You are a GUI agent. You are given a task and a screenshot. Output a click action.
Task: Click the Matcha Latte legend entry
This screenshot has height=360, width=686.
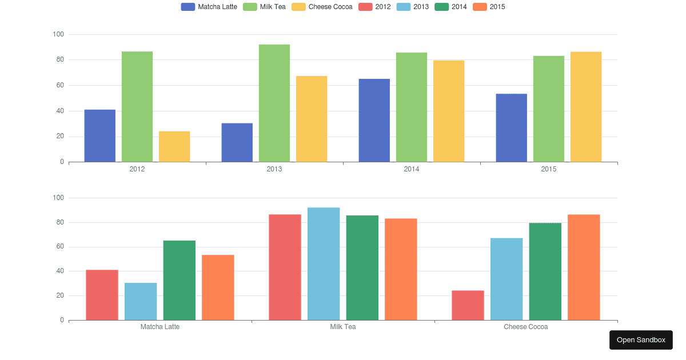pyautogui.click(x=209, y=7)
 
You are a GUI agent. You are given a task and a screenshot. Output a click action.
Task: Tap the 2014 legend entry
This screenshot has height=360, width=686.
pyautogui.click(x=450, y=7)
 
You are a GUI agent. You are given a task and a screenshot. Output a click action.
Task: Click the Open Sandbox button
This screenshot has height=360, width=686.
pyautogui.click(x=641, y=340)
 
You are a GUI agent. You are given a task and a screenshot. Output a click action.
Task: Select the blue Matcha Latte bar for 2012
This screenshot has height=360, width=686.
pyautogui.click(x=100, y=136)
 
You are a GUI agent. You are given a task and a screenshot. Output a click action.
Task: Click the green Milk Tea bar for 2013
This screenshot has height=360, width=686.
pyautogui.click(x=274, y=103)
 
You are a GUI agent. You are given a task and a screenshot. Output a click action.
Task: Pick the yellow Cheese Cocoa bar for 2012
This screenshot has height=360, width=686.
pyautogui.click(x=174, y=147)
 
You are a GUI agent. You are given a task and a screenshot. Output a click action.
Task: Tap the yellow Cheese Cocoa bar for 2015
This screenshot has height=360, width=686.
pyautogui.click(x=586, y=107)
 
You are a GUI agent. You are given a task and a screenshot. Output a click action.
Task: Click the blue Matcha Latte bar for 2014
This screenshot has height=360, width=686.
pyautogui.click(x=374, y=121)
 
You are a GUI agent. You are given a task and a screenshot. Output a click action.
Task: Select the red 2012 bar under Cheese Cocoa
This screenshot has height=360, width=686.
pyautogui.click(x=468, y=305)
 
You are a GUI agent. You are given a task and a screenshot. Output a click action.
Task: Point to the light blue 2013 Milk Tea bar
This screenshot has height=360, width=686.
pyautogui.click(x=324, y=263)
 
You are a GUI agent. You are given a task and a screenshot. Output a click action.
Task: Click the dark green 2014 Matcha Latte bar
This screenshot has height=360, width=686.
pyautogui.click(x=180, y=280)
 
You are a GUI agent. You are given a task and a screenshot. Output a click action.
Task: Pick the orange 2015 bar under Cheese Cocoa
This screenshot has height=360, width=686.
pyautogui.click(x=584, y=267)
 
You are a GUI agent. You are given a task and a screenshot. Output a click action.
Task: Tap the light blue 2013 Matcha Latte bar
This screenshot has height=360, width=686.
pyautogui.click(x=141, y=301)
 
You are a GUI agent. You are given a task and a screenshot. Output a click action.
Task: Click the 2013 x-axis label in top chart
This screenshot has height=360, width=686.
pyautogui.click(x=274, y=169)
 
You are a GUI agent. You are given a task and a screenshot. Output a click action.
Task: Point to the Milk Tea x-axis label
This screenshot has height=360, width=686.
pyautogui.click(x=343, y=327)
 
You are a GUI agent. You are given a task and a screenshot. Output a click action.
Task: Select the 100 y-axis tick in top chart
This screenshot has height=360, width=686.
pyautogui.click(x=58, y=35)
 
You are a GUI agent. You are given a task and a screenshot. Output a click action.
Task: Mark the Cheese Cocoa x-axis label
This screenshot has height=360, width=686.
pyautogui.click(x=526, y=327)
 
